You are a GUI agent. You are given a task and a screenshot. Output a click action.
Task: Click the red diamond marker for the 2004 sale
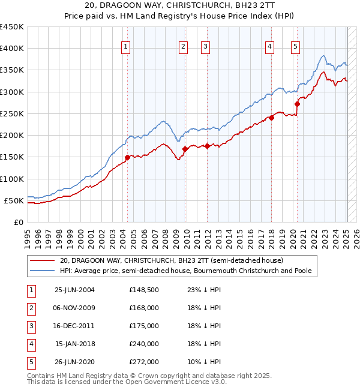(x=127, y=158)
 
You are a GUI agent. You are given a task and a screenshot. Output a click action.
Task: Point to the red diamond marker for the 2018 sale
(x=271, y=118)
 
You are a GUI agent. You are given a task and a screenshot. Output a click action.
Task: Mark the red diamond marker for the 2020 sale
(x=297, y=104)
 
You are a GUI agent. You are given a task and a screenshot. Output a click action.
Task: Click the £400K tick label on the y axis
(x=12, y=49)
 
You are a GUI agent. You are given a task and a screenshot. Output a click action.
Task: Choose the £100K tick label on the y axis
(x=12, y=179)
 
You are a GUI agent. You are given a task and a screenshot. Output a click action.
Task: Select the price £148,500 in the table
(x=143, y=290)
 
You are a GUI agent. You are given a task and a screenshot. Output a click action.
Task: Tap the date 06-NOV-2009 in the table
(x=74, y=308)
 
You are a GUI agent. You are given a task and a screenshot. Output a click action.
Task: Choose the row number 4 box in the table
(x=31, y=344)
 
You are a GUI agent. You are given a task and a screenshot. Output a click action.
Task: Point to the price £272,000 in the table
(x=143, y=362)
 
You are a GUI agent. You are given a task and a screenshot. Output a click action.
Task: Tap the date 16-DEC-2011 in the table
(x=74, y=326)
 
